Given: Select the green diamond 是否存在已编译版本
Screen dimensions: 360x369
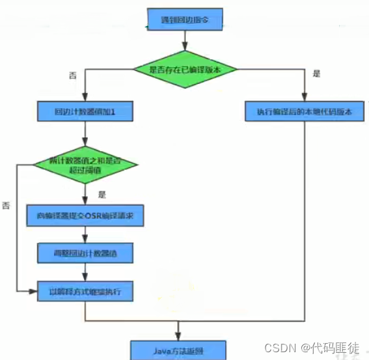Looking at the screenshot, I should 185,68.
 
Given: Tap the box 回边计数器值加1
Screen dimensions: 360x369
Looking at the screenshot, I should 85,111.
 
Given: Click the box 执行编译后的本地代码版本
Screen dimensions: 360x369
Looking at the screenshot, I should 304,111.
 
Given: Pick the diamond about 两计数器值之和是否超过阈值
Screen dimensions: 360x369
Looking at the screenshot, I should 85,165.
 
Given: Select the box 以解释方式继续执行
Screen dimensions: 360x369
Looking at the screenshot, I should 85,292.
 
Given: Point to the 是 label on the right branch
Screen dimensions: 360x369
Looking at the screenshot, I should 316,74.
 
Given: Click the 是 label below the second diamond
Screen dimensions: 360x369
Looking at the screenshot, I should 102,193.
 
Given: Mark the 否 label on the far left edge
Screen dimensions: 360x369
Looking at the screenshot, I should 6,206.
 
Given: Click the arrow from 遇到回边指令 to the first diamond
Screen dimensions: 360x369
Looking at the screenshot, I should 185,42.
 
